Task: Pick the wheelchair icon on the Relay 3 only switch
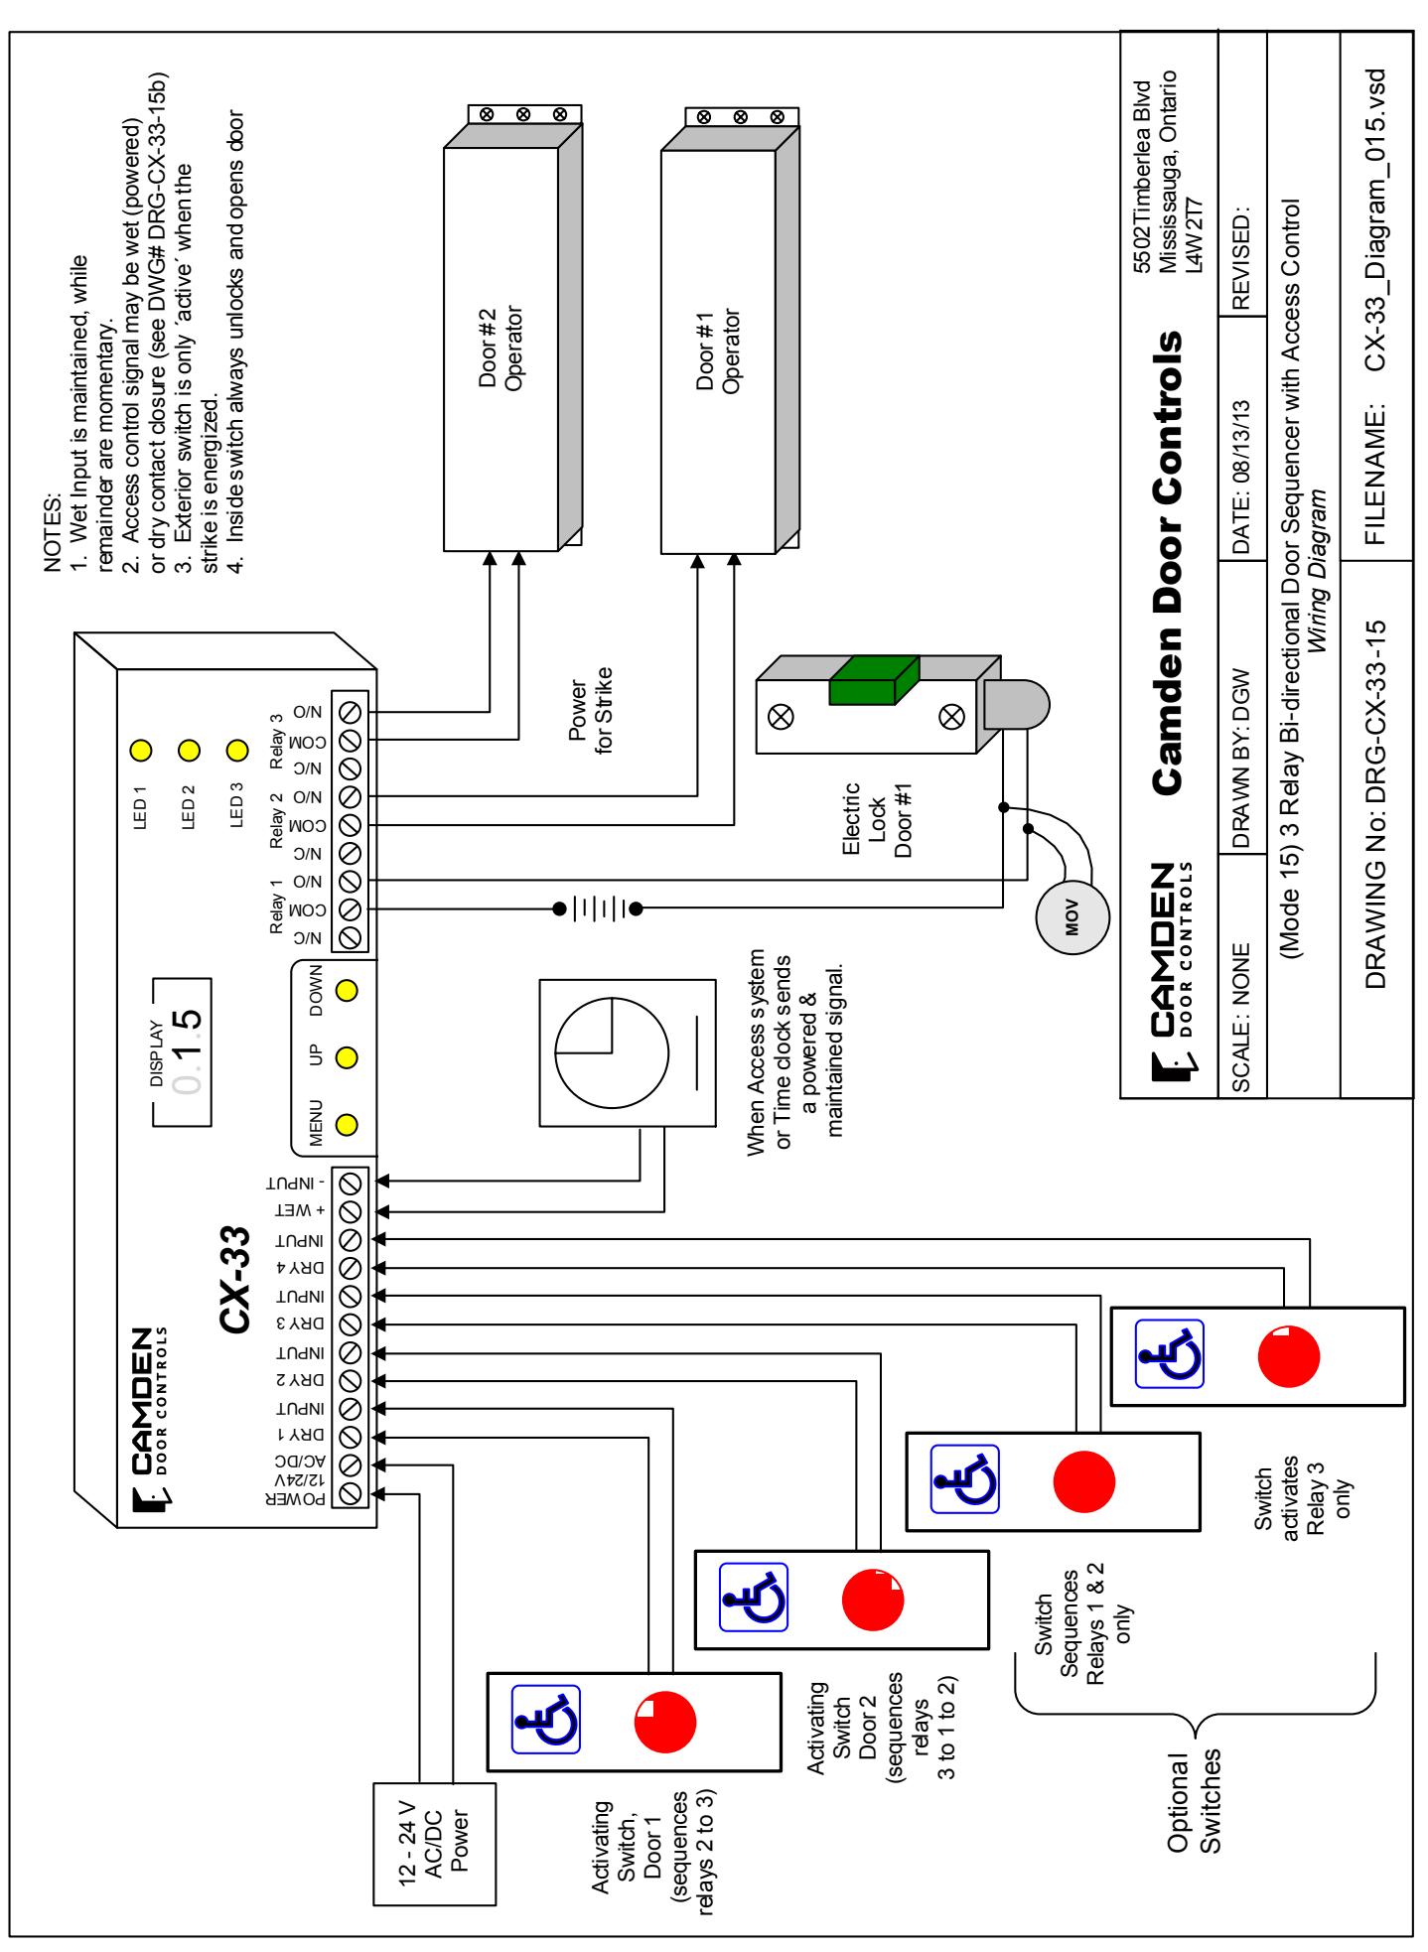[1170, 1352]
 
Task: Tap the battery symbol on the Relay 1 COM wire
[597, 907]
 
